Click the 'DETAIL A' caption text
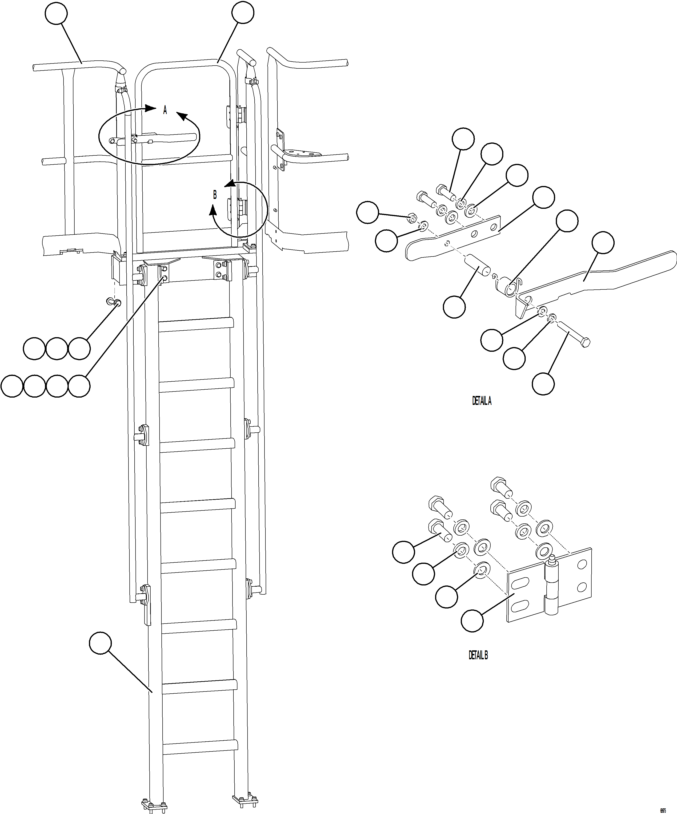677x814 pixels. [481, 401]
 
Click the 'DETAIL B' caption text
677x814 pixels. [478, 655]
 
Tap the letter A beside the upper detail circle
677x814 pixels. [165, 111]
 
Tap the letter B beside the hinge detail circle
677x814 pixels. [215, 195]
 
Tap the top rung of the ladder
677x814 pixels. [196, 324]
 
